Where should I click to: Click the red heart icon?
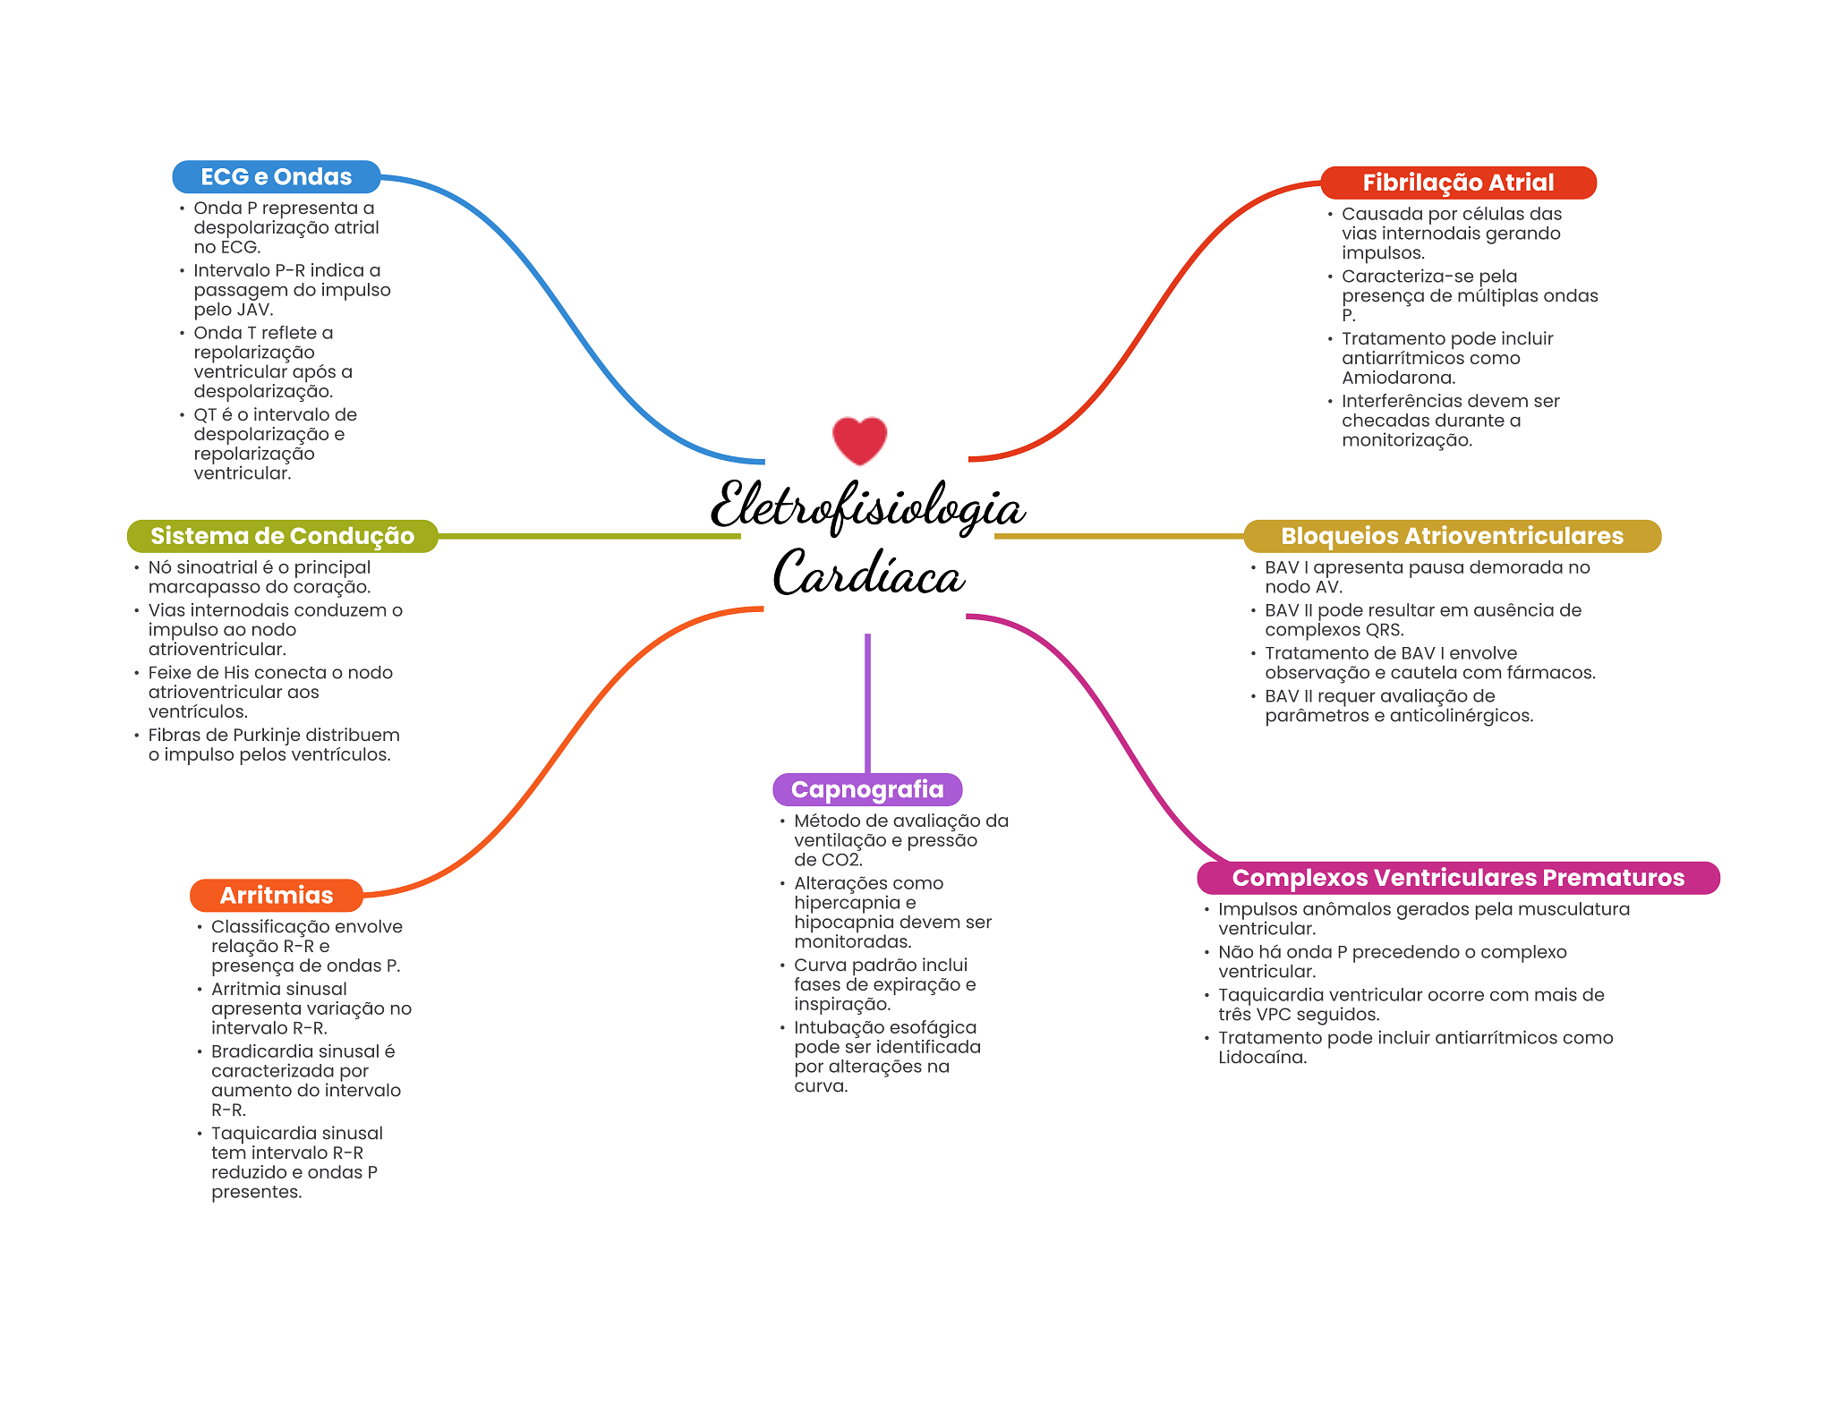click(x=859, y=439)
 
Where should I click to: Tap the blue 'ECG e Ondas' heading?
click(x=276, y=177)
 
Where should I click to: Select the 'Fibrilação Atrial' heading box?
click(x=1458, y=183)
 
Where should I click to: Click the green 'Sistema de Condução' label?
click(x=282, y=536)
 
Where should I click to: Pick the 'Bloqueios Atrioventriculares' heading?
click(x=1452, y=536)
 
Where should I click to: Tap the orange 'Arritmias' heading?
click(x=276, y=895)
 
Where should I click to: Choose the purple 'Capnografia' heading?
click(x=867, y=789)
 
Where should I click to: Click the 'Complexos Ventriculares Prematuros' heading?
click(x=1458, y=878)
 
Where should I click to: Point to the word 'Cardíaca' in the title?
click(x=868, y=574)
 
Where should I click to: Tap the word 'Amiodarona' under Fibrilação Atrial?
click(x=1397, y=378)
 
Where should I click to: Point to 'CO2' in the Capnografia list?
click(x=840, y=860)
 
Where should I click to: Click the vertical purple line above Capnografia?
click(x=867, y=702)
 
